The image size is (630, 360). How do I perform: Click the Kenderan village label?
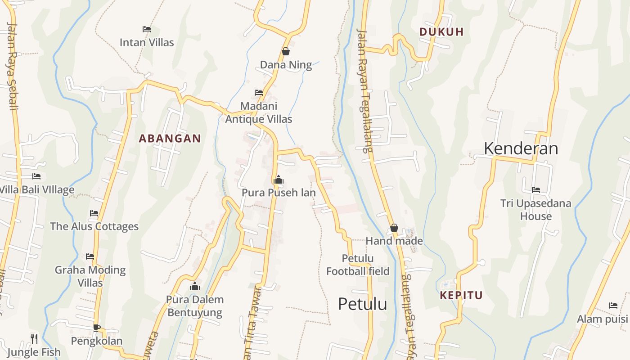click(x=521, y=148)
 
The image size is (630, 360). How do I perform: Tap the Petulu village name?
click(x=362, y=304)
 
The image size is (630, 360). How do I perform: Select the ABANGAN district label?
click(x=170, y=139)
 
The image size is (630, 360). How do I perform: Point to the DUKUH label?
click(x=441, y=32)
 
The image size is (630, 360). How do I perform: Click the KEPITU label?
click(x=461, y=295)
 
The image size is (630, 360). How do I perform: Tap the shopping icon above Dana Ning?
click(x=285, y=52)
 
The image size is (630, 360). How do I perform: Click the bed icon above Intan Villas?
click(x=146, y=29)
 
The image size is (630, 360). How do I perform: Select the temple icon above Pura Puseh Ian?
click(x=278, y=180)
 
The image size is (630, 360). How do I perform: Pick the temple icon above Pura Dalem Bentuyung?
click(x=195, y=286)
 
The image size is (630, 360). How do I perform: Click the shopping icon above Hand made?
click(x=394, y=228)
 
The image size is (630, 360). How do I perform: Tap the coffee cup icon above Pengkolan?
click(x=96, y=328)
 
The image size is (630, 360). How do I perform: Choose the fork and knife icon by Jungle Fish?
click(x=34, y=338)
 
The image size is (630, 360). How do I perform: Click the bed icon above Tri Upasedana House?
click(x=535, y=190)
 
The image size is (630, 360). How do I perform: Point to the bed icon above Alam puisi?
click(x=613, y=306)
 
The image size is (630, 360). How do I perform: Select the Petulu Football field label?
click(x=358, y=265)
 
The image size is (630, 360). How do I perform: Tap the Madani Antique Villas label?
click(x=258, y=112)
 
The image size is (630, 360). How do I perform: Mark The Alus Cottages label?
click(x=94, y=226)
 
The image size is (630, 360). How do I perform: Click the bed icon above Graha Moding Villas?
click(x=90, y=256)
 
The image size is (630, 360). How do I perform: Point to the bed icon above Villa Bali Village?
click(x=36, y=176)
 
